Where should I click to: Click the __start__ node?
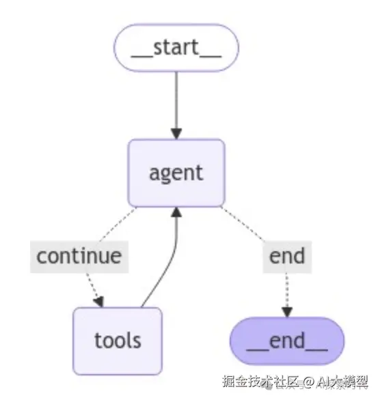pos(176,48)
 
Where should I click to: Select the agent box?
pos(176,173)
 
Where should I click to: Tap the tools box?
pos(117,340)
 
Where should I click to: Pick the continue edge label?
pos(79,256)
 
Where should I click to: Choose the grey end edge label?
pos(286,256)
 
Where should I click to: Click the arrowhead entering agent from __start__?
pos(176,132)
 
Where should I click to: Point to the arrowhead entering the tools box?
pos(99,301)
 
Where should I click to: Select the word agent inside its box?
pos(176,173)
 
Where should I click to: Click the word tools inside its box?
pos(117,340)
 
